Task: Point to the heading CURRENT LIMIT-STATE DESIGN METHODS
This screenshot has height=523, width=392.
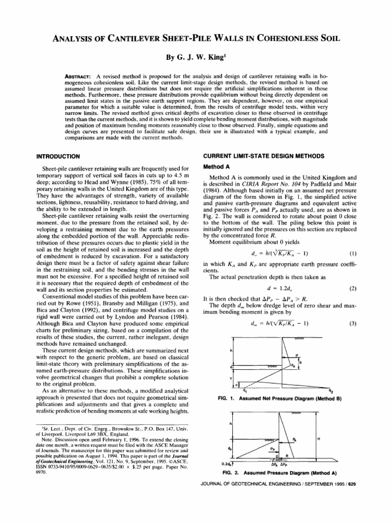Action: (264, 155)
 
